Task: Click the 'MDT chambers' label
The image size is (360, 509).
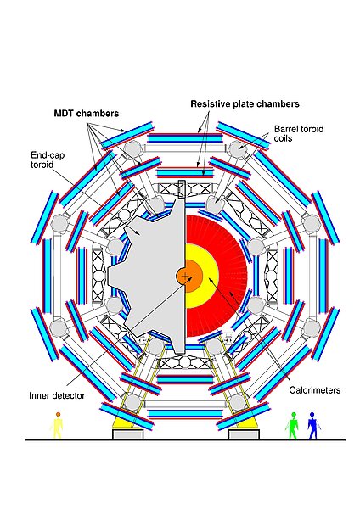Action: (x=86, y=114)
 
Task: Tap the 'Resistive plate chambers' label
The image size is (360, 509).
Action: (x=245, y=103)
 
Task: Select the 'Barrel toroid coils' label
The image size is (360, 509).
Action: (x=299, y=134)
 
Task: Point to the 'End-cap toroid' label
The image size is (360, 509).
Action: (x=48, y=159)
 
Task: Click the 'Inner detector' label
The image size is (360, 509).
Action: (x=57, y=395)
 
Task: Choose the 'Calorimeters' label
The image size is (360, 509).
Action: (x=314, y=390)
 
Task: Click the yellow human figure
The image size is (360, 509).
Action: (x=58, y=425)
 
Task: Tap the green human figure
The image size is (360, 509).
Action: (x=293, y=425)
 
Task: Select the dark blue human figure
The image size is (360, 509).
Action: (x=313, y=425)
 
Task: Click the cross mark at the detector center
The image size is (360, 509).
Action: (x=185, y=277)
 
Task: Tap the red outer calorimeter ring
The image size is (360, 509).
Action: (x=234, y=277)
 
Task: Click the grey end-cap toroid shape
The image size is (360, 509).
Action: (x=153, y=276)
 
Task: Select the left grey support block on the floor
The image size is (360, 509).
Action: (x=127, y=434)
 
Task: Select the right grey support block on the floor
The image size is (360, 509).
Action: (x=244, y=434)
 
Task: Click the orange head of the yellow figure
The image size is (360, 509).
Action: (x=58, y=414)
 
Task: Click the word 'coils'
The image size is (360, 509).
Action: (x=283, y=138)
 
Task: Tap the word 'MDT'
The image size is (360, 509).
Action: (x=64, y=114)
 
